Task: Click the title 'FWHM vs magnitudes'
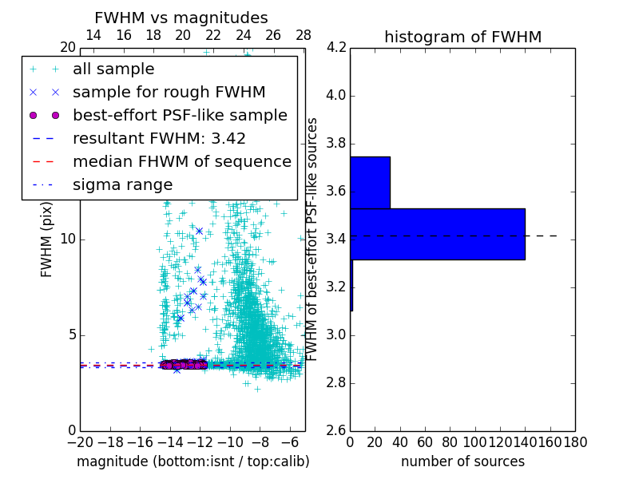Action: tap(181, 18)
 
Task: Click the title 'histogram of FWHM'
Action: tap(462, 37)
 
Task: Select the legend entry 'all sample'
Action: tap(113, 69)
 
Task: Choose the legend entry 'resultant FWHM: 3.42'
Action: tap(159, 139)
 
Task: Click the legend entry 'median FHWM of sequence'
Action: tap(181, 162)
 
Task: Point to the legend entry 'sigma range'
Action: tap(122, 185)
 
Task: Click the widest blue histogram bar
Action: tap(437, 234)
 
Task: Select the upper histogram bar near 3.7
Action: tap(370, 182)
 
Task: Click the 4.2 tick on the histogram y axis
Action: tap(335, 48)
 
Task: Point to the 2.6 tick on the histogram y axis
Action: tap(335, 430)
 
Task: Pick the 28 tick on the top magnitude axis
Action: tap(304, 36)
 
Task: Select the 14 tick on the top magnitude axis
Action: tap(93, 36)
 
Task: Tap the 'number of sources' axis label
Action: tap(462, 461)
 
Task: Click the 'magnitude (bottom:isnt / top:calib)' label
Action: tap(192, 461)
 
